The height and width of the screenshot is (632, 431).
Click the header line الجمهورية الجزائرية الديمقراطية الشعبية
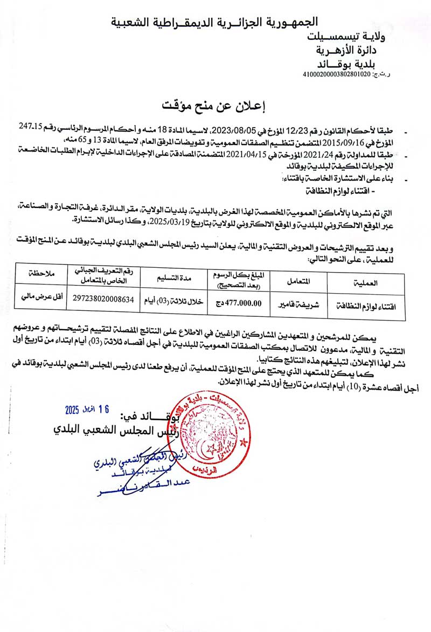click(214, 22)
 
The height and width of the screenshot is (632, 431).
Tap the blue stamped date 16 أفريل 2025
click(87, 409)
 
